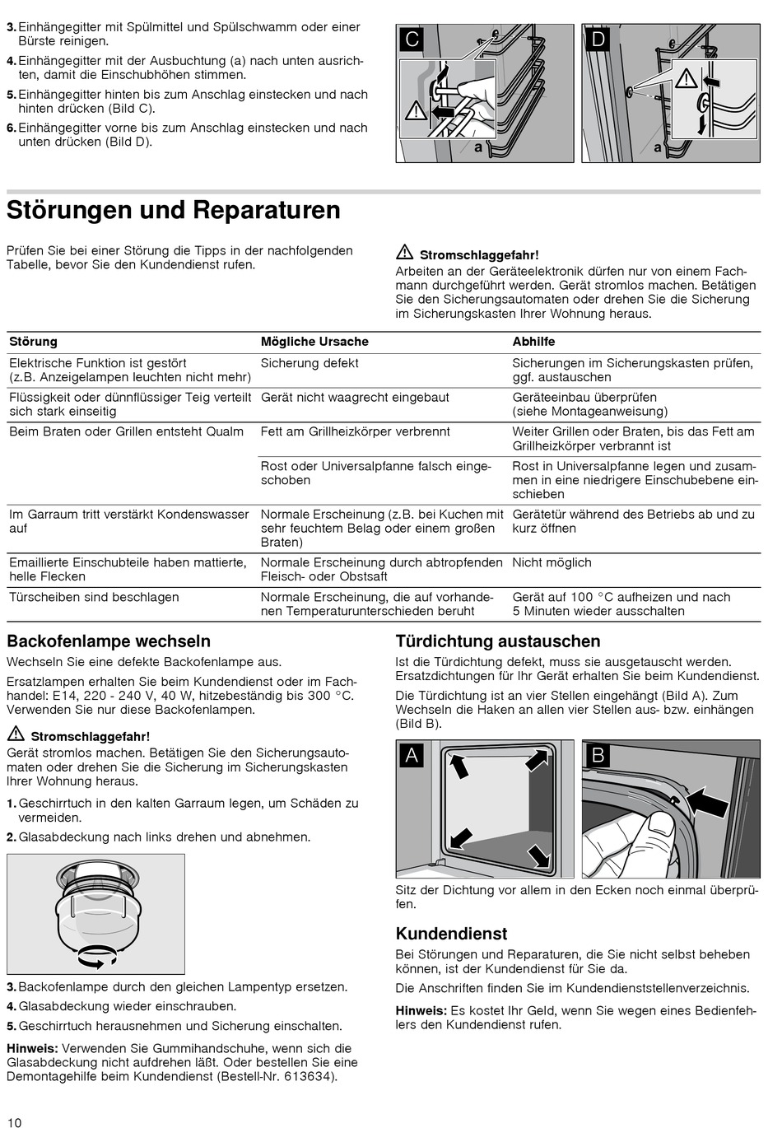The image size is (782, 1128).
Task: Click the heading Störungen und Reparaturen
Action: coord(173,210)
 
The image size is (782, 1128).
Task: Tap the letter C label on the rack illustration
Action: coord(412,39)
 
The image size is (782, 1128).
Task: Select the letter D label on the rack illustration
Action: coord(598,39)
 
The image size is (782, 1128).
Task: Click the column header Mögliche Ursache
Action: coord(314,342)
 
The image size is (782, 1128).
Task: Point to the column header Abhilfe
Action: coord(533,342)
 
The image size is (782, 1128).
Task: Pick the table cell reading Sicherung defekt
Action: coord(310,363)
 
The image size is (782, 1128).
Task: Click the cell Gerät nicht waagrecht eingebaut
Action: coord(355,398)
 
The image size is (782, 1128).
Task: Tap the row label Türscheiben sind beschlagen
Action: coord(94,597)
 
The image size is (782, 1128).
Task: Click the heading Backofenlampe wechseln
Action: coord(109,641)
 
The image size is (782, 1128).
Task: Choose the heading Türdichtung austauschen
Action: coord(498,641)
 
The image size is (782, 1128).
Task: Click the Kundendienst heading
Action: coord(451,934)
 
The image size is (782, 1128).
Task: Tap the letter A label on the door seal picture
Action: coord(412,755)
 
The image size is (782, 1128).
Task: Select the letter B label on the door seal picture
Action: coord(598,755)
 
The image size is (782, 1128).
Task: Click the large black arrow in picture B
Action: coord(707,799)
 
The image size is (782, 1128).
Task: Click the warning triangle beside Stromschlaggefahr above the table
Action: coord(404,254)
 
